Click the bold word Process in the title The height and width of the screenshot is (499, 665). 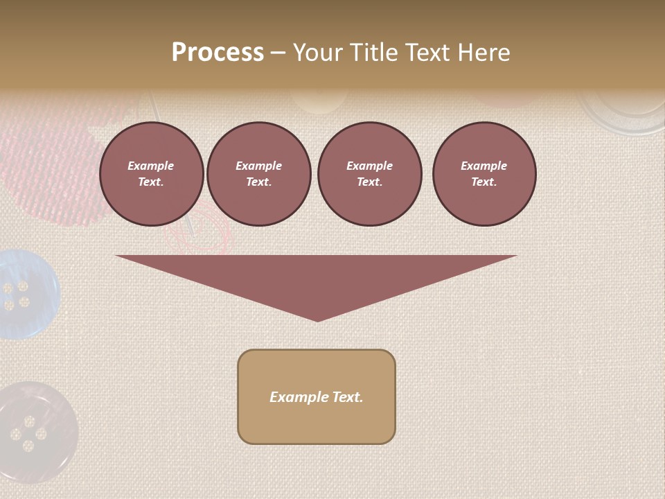[218, 53]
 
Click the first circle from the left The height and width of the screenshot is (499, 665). [151, 174]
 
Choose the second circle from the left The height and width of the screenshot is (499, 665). [258, 174]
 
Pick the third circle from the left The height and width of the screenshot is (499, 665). [369, 174]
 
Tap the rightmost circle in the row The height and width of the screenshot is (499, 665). [484, 174]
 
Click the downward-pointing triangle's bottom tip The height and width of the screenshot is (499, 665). [317, 319]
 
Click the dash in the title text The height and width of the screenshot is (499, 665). [278, 53]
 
